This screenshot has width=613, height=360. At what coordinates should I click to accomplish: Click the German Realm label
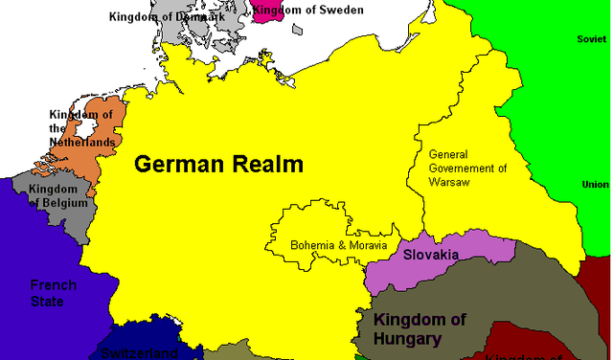tap(218, 164)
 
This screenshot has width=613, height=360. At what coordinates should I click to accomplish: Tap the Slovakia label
tap(430, 255)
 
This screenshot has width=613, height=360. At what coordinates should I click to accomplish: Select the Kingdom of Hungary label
tap(420, 328)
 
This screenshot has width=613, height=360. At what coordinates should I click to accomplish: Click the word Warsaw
tap(449, 182)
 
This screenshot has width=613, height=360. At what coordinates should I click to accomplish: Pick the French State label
tap(47, 293)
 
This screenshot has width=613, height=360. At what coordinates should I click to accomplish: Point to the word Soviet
tap(591, 39)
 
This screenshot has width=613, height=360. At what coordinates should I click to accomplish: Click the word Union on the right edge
tap(595, 184)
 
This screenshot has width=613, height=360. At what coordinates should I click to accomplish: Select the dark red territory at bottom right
tap(517, 340)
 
